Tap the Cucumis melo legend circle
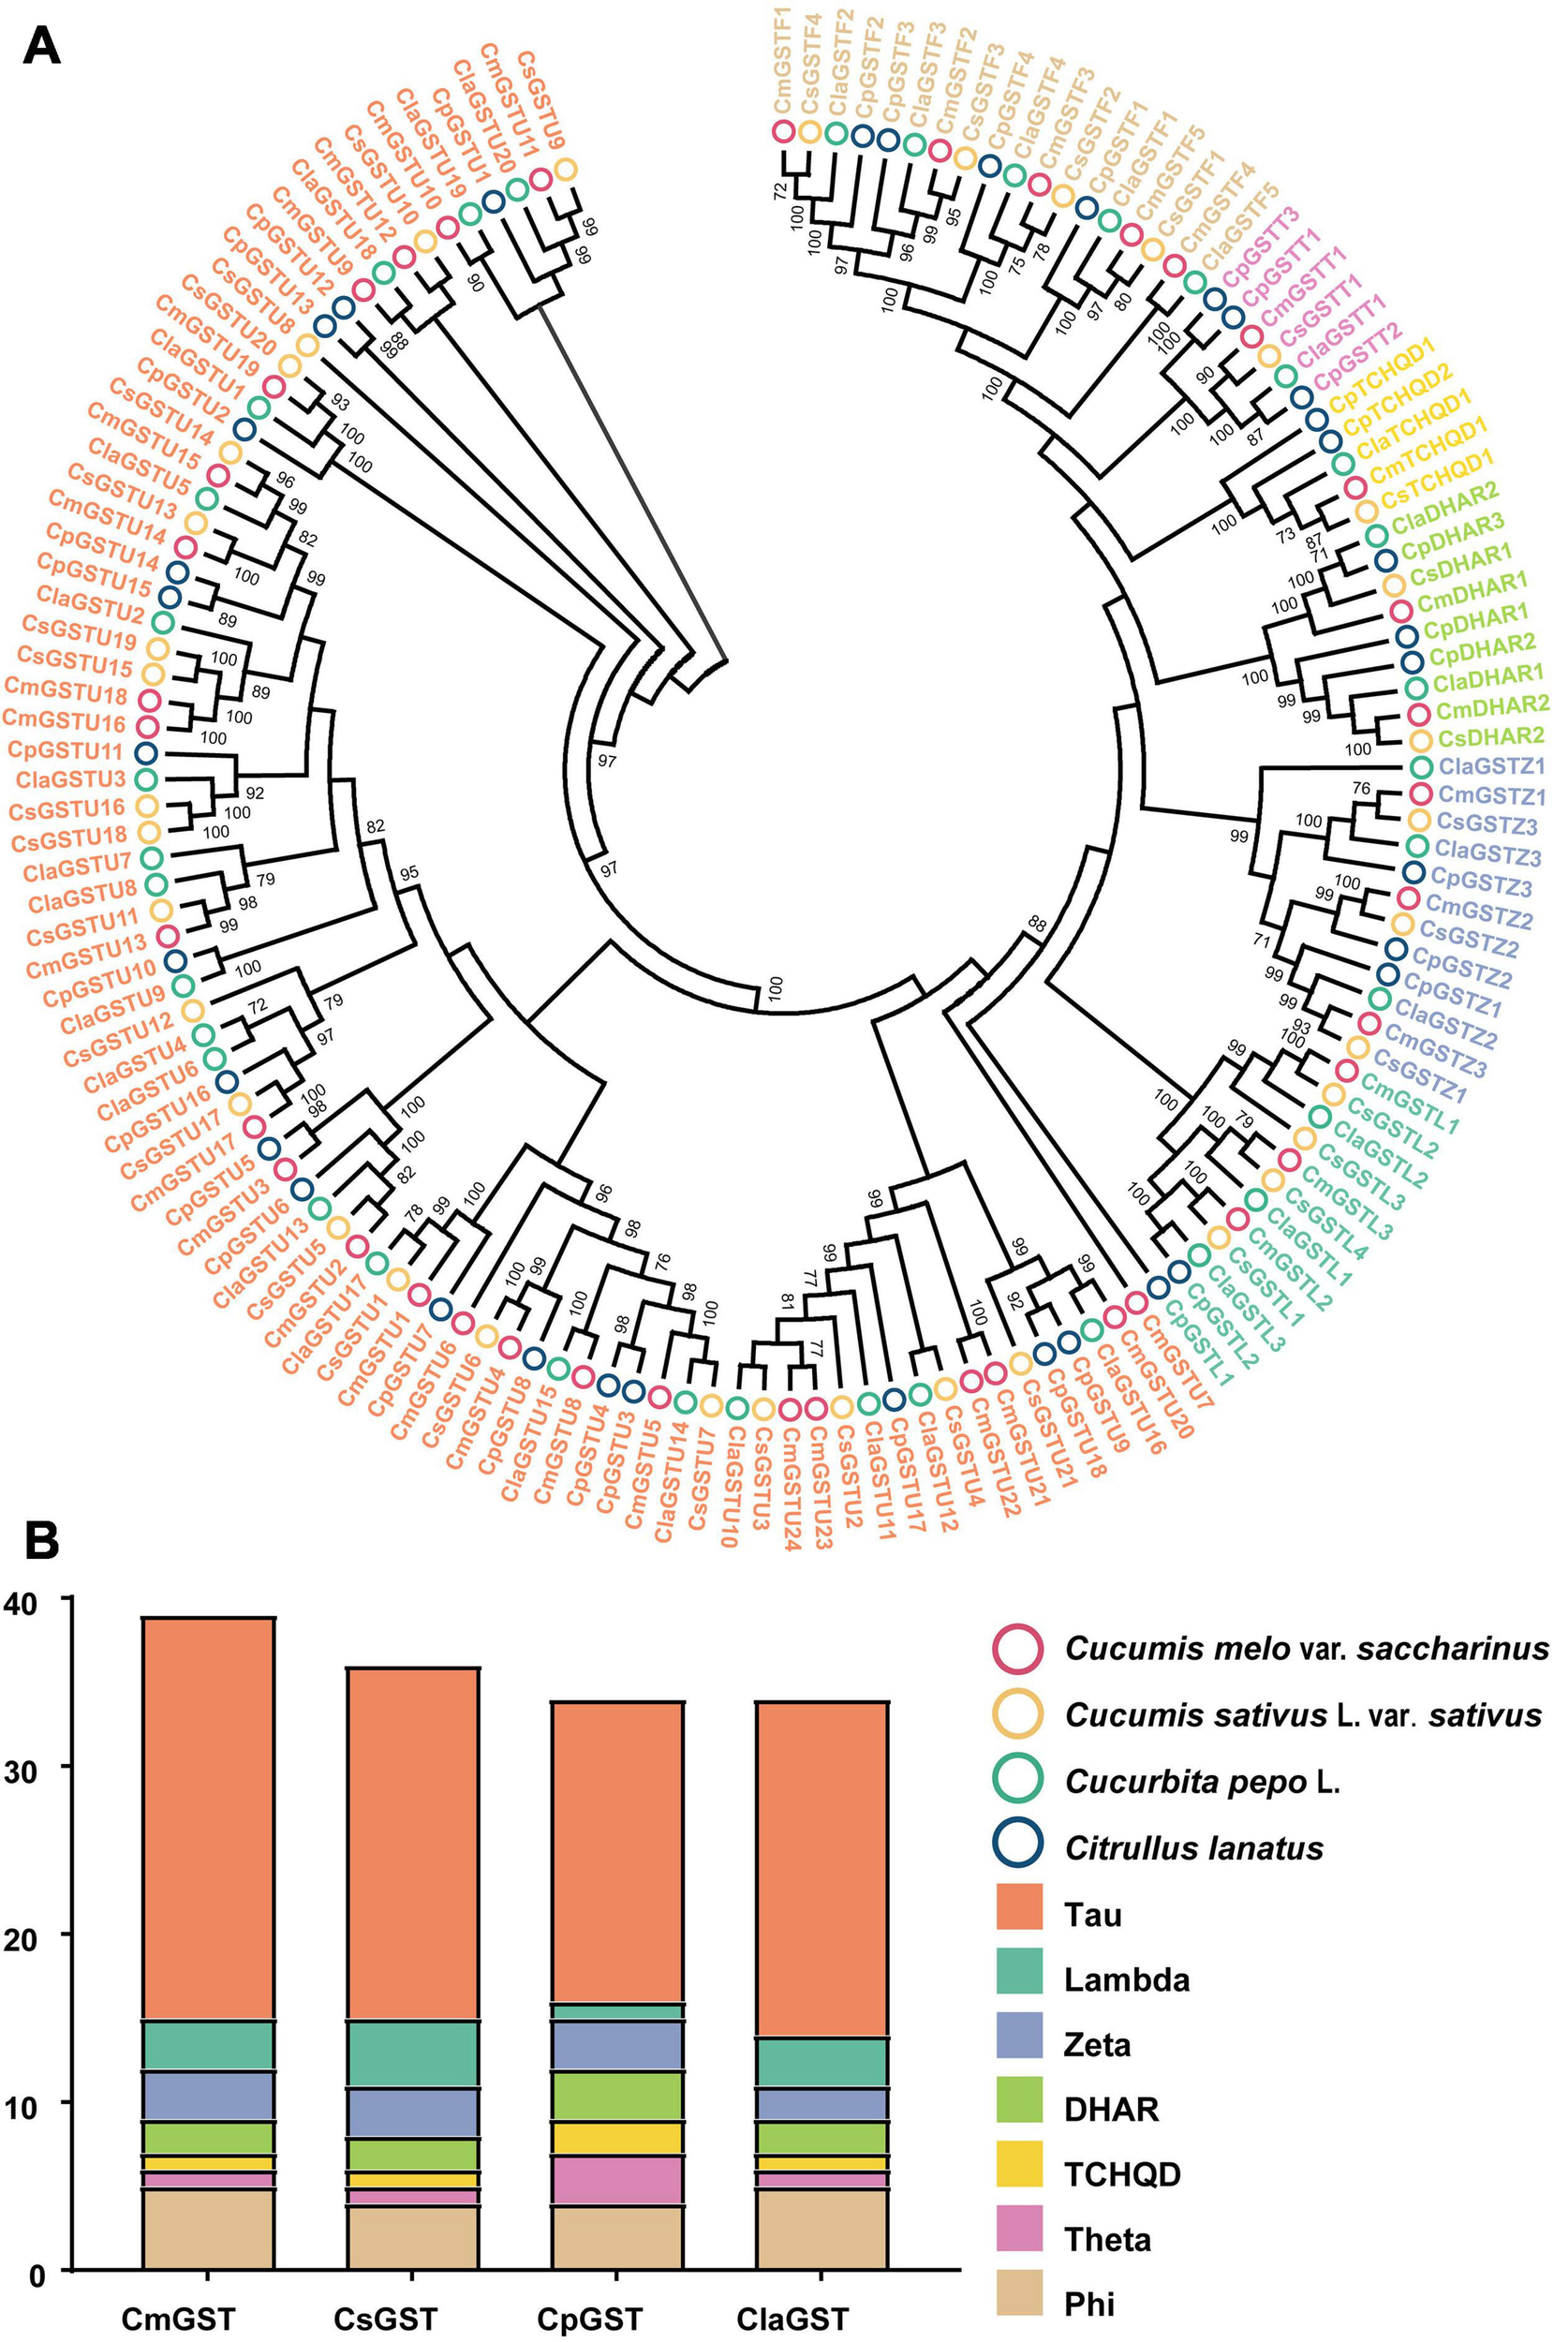[1015, 1648]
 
